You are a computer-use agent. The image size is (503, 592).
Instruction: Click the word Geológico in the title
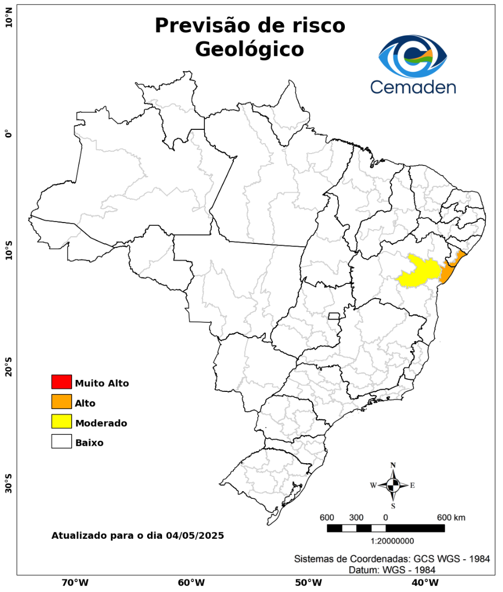(x=249, y=49)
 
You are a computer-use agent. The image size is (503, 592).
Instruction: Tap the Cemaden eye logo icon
(x=413, y=56)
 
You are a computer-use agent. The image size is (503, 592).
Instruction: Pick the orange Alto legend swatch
(x=62, y=402)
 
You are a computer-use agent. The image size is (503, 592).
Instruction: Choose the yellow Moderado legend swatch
(x=62, y=422)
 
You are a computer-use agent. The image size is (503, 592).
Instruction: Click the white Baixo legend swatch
(x=62, y=441)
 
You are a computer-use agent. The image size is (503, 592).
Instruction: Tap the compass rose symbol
(x=393, y=485)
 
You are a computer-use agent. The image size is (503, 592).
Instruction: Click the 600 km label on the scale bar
(x=451, y=517)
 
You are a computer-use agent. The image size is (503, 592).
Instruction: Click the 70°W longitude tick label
(x=75, y=582)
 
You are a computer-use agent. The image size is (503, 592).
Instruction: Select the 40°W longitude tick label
(x=423, y=582)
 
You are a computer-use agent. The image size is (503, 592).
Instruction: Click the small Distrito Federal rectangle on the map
(x=334, y=316)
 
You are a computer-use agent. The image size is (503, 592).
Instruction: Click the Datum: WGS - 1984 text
(x=392, y=570)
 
